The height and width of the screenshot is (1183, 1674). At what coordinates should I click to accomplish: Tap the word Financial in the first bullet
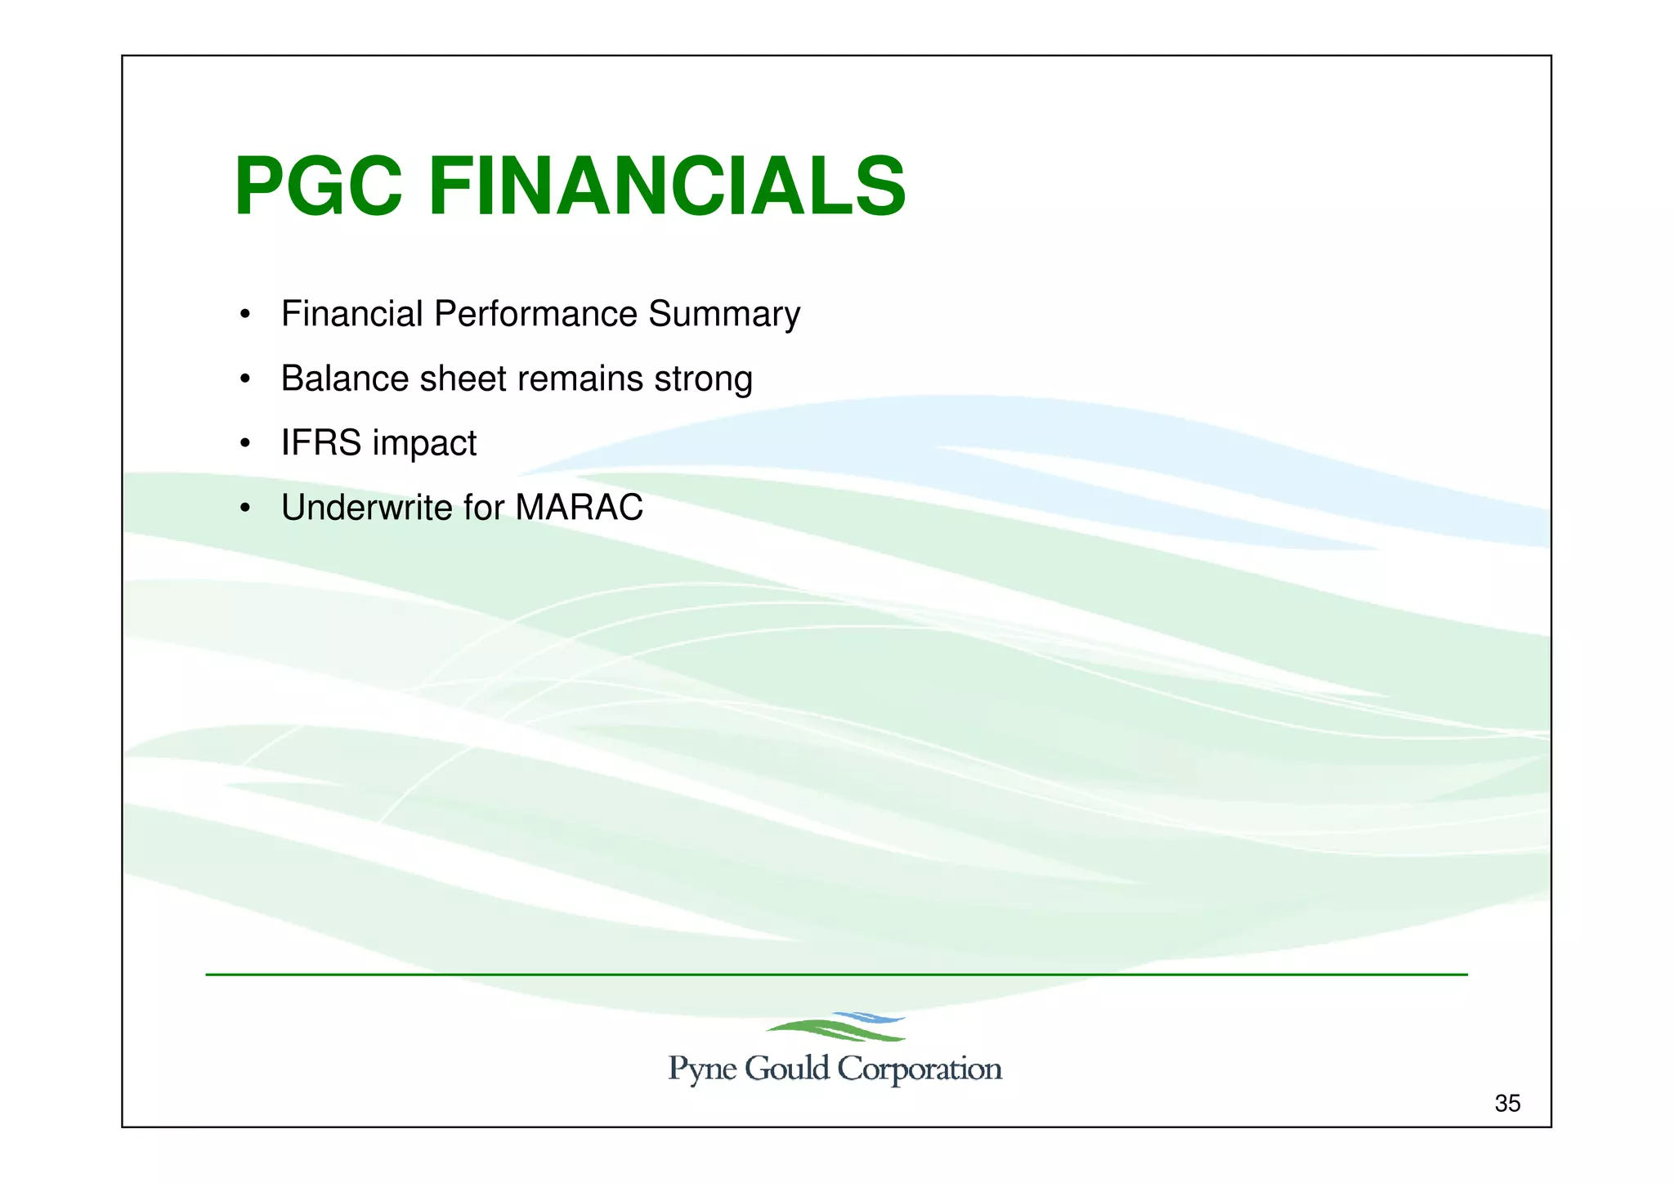point(351,314)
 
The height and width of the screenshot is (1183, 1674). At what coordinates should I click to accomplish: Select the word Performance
point(535,314)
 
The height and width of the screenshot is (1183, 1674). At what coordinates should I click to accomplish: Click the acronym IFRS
point(320,443)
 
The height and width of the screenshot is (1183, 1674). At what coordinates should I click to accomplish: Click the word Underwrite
point(366,508)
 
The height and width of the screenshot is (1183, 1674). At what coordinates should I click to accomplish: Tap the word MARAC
point(579,508)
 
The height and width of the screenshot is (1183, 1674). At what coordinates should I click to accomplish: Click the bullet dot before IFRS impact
point(244,444)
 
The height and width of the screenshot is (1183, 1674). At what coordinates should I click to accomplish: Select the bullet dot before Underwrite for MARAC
point(244,509)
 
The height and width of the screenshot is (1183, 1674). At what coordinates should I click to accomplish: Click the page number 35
point(1506,1104)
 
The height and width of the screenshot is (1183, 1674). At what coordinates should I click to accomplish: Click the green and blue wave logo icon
point(835,1027)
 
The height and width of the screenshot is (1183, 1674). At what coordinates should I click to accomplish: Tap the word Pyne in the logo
point(701,1069)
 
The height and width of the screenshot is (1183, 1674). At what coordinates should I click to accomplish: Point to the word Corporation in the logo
point(920,1069)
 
